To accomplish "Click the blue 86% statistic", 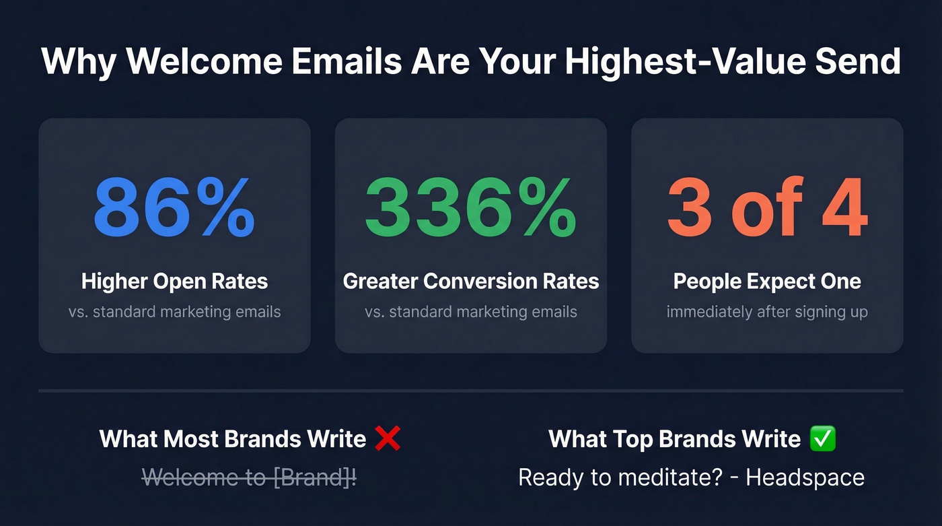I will click(174, 208).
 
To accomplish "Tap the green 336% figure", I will click(470, 208).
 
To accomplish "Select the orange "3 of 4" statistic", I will click(767, 208).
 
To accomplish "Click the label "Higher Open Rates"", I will click(174, 281).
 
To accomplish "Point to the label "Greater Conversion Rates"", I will click(470, 281).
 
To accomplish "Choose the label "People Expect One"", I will click(767, 281).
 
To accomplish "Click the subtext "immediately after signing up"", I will click(767, 312).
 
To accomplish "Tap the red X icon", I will click(388, 439).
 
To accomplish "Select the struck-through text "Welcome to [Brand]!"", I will click(250, 478).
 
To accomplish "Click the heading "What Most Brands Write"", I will click(233, 439).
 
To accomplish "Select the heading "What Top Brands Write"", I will click(675, 439).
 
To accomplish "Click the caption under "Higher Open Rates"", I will click(174, 312).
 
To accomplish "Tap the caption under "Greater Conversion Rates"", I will click(470, 312).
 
